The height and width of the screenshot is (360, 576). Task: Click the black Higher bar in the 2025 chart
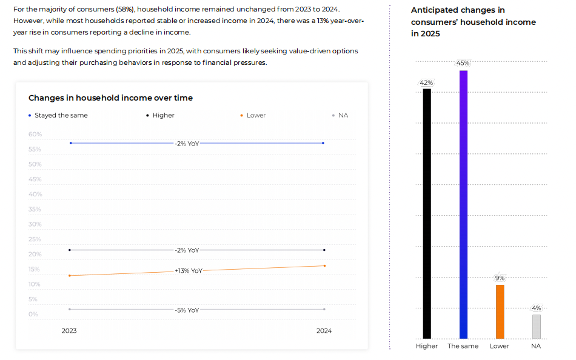pyautogui.click(x=427, y=213)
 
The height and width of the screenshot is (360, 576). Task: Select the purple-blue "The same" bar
pyautogui.click(x=463, y=204)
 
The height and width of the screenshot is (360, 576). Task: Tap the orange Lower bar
pyautogui.click(x=500, y=312)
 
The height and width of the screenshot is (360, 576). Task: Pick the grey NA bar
pyautogui.click(x=536, y=326)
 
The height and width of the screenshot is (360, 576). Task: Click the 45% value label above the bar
pyautogui.click(x=463, y=63)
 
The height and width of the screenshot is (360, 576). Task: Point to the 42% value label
pyautogui.click(x=426, y=82)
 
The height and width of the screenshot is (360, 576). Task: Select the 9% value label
pyautogui.click(x=500, y=278)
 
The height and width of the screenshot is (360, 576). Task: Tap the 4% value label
pyautogui.click(x=536, y=308)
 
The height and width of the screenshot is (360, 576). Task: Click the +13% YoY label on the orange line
pyautogui.click(x=188, y=271)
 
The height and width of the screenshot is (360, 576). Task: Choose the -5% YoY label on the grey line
pyautogui.click(x=187, y=310)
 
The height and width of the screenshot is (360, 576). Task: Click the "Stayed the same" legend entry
pyautogui.click(x=61, y=115)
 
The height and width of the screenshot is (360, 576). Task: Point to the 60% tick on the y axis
pyautogui.click(x=35, y=135)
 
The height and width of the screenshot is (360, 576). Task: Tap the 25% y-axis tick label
pyautogui.click(x=35, y=239)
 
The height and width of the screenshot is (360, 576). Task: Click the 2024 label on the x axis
pyautogui.click(x=324, y=331)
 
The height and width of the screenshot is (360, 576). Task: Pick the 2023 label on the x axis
pyautogui.click(x=69, y=331)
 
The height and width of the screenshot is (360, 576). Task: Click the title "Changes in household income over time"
pyautogui.click(x=110, y=98)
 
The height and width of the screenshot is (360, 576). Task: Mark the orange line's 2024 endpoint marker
pyautogui.click(x=324, y=265)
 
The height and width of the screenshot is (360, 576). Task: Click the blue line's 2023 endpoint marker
pyautogui.click(x=70, y=143)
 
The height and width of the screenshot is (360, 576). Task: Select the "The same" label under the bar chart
pyautogui.click(x=463, y=346)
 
